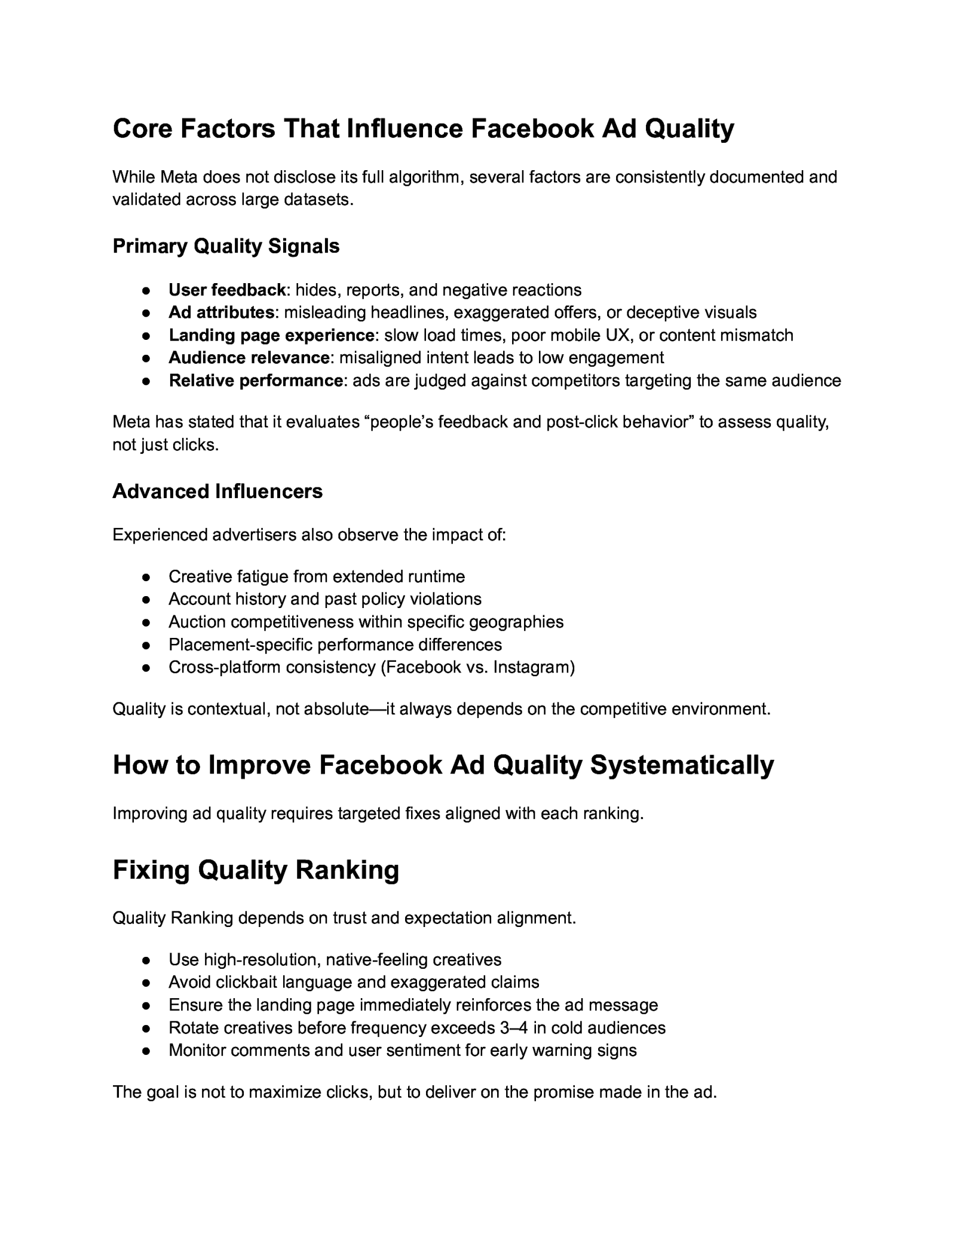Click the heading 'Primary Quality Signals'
[x=226, y=246]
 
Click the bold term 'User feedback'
[x=227, y=290]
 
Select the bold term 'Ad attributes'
[x=221, y=312]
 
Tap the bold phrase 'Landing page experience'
[x=271, y=335]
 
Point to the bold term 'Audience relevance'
[x=249, y=358]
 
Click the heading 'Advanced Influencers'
[x=217, y=491]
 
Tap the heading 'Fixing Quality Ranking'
[x=256, y=870]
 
